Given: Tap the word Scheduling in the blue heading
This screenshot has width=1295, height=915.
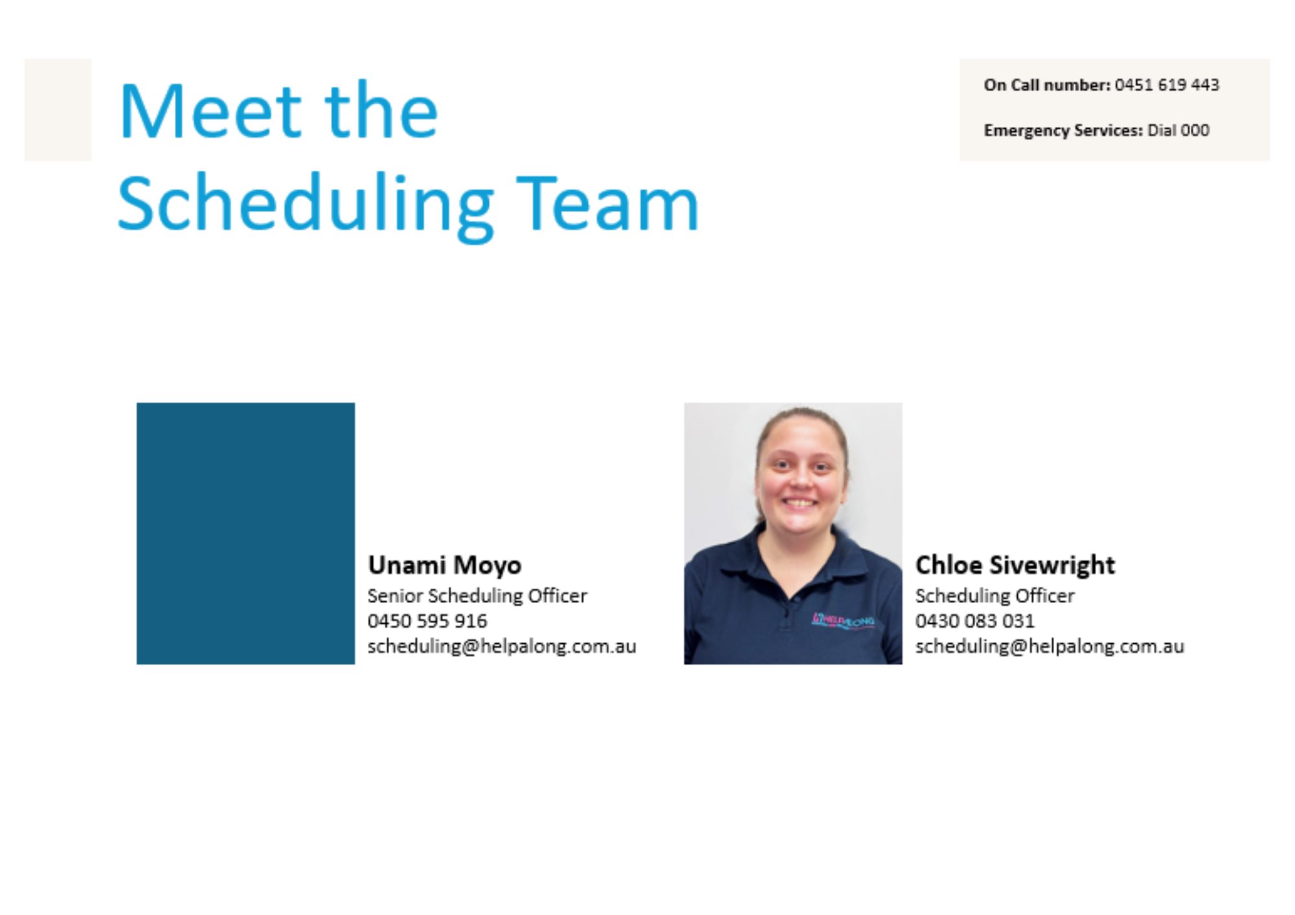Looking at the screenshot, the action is tap(306, 205).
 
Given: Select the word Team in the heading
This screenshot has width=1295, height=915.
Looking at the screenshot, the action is tap(607, 203).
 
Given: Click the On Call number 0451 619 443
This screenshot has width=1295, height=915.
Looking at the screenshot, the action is tap(1167, 85).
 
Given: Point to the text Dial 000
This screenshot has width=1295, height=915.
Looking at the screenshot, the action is tap(1178, 130).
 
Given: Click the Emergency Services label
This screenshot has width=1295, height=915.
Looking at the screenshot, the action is tap(1063, 131).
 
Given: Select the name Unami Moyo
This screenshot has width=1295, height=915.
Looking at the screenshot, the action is tap(444, 566).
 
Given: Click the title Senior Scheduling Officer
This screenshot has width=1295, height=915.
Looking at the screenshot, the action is tap(477, 595).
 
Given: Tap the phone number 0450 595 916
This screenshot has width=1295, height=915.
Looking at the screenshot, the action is tap(427, 621).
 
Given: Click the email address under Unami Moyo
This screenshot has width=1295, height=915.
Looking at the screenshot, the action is tap(502, 646).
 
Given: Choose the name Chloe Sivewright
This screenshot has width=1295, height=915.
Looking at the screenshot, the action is tap(1015, 565).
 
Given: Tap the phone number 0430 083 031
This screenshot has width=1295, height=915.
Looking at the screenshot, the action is tap(974, 621).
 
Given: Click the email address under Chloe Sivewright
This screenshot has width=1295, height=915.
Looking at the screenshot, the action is tap(1050, 646).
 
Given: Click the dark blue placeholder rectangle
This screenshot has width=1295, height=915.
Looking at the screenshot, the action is tap(245, 533).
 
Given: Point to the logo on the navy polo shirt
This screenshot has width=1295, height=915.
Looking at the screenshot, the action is tap(842, 621).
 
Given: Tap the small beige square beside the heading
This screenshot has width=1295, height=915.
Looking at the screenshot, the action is tap(58, 110).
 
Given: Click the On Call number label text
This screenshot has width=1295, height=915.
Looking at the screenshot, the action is tap(1047, 85).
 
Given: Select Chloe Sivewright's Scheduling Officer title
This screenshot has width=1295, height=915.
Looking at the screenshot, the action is tap(995, 595).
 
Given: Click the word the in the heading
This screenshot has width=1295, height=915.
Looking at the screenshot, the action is tap(381, 110).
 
